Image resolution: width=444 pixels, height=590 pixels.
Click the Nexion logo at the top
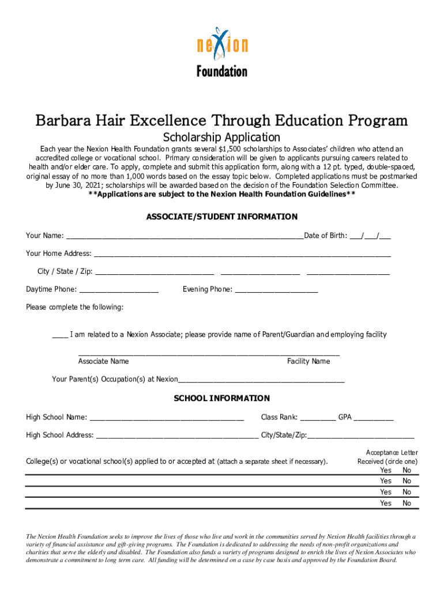[222, 43]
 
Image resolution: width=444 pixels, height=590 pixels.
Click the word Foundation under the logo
[222, 71]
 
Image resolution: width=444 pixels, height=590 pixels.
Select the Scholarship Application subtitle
[222, 138]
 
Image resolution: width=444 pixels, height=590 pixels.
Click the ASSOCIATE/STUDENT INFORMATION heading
[222, 217]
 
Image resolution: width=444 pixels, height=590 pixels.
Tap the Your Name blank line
[185, 236]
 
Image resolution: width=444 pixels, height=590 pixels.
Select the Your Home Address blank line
[242, 255]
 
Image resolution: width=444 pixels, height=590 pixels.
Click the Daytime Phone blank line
[119, 290]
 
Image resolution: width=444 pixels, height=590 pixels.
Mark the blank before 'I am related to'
[60, 336]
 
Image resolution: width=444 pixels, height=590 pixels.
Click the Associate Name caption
[103, 361]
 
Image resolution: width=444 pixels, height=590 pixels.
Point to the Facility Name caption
[308, 361]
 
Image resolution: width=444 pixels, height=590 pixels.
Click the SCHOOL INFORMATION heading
[222, 398]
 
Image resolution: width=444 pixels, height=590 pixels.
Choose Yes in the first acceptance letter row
[385, 470]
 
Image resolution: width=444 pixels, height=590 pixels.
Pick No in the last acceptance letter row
[407, 503]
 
